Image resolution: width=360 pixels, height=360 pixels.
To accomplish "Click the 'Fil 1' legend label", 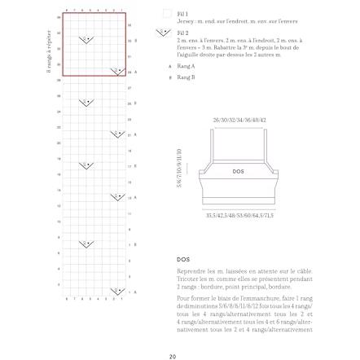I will [182, 14].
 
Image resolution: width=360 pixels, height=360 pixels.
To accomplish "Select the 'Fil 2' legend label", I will [182, 33].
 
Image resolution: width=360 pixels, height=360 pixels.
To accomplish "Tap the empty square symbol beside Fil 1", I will [166, 14].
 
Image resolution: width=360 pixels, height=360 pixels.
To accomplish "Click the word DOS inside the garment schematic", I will [238, 171].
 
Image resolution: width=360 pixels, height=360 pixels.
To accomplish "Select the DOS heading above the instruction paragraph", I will [182, 260].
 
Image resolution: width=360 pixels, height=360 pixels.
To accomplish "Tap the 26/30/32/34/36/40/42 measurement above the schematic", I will [239, 120].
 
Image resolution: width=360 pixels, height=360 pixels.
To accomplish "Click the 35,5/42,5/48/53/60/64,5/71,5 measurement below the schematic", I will [239, 217].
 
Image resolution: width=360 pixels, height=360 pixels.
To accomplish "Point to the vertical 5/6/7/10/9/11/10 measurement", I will [179, 168].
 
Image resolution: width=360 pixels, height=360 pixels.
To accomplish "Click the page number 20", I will [173, 356].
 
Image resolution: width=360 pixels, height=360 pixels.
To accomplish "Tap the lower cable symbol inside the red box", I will [116, 71].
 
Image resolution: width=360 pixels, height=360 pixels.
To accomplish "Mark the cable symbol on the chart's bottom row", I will [116, 292].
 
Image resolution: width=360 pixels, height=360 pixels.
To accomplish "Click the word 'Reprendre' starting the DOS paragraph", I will [187, 271].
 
